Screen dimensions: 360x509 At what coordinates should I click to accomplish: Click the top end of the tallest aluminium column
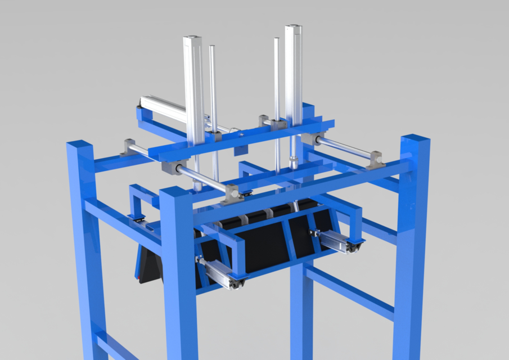click(293, 28)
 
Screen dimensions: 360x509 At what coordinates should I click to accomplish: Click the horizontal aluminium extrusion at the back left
click(163, 107)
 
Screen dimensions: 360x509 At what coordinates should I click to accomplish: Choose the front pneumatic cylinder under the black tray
click(222, 274)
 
